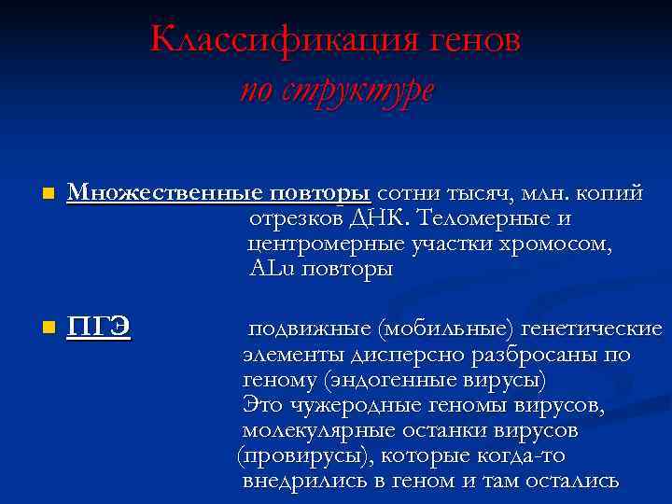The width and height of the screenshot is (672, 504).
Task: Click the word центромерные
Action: pyautogui.click(x=323, y=245)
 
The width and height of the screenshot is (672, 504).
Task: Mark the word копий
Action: pyautogui.click(x=611, y=192)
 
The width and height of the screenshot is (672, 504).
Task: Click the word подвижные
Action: pyautogui.click(x=310, y=329)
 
